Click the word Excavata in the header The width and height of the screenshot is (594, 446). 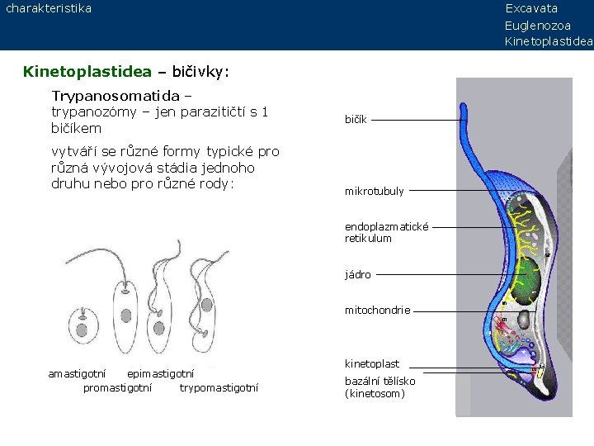click(531, 8)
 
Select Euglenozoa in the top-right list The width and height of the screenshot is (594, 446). click(537, 26)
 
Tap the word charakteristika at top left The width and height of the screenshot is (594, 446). click(49, 8)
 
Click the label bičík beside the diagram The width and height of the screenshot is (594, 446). click(356, 121)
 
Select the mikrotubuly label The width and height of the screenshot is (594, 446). click(374, 192)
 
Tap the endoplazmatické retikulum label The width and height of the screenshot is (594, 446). click(386, 232)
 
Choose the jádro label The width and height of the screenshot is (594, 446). click(357, 275)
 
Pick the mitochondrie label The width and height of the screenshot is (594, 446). click(377, 311)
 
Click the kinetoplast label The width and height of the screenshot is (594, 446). click(371, 363)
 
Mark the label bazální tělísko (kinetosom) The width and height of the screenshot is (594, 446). click(379, 387)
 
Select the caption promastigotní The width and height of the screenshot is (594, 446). click(117, 387)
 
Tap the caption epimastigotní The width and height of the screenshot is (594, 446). click(161, 374)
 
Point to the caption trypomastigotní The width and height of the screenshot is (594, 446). click(219, 387)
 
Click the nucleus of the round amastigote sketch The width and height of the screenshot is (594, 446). click(82, 330)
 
